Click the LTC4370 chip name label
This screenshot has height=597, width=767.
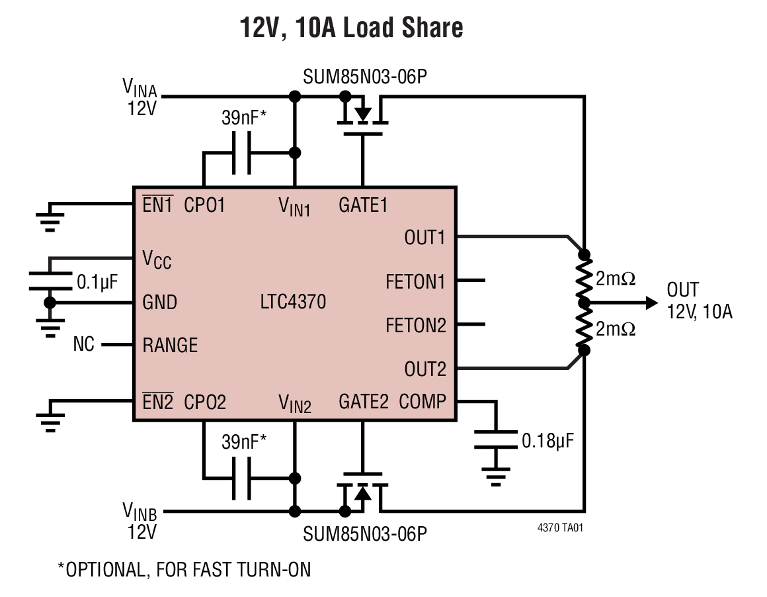click(x=293, y=302)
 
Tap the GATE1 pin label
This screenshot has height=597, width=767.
click(x=362, y=205)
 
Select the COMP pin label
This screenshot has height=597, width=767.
click(x=423, y=401)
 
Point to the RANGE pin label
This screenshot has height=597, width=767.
click(x=170, y=345)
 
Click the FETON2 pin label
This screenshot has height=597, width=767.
click(x=416, y=326)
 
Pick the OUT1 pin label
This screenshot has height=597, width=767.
click(x=424, y=238)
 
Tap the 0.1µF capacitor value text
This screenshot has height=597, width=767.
click(x=97, y=282)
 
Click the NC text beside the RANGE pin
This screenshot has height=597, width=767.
click(x=83, y=345)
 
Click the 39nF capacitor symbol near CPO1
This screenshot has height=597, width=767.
click(x=241, y=154)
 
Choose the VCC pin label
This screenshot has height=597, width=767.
click(x=157, y=259)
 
